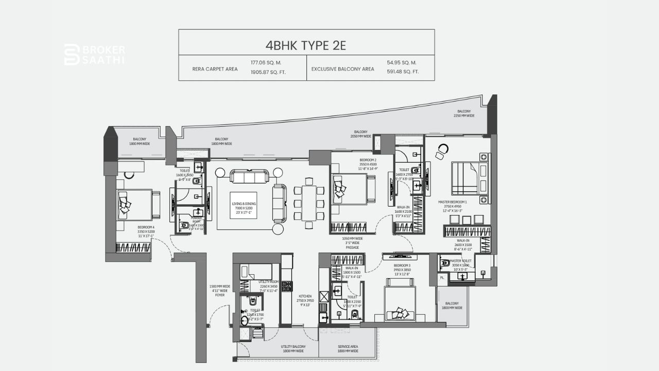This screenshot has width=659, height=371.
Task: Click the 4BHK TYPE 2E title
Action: [306, 45]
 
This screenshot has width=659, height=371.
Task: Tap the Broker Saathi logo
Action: [94, 54]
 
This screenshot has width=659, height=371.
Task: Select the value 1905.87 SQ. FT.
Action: [268, 72]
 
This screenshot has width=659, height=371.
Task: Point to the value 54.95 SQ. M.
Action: [402, 62]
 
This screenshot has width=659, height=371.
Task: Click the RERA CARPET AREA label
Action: [215, 69]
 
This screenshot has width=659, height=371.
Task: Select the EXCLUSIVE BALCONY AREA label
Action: [342, 69]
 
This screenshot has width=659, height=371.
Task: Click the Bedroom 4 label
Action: [146, 232]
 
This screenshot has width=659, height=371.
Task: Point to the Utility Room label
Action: [269, 285]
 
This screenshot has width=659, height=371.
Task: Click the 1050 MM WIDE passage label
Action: [352, 243]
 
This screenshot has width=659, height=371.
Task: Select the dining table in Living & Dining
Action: [309, 203]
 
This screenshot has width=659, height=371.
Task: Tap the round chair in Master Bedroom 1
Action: [442, 151]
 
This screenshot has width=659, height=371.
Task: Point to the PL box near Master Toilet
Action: [442, 277]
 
